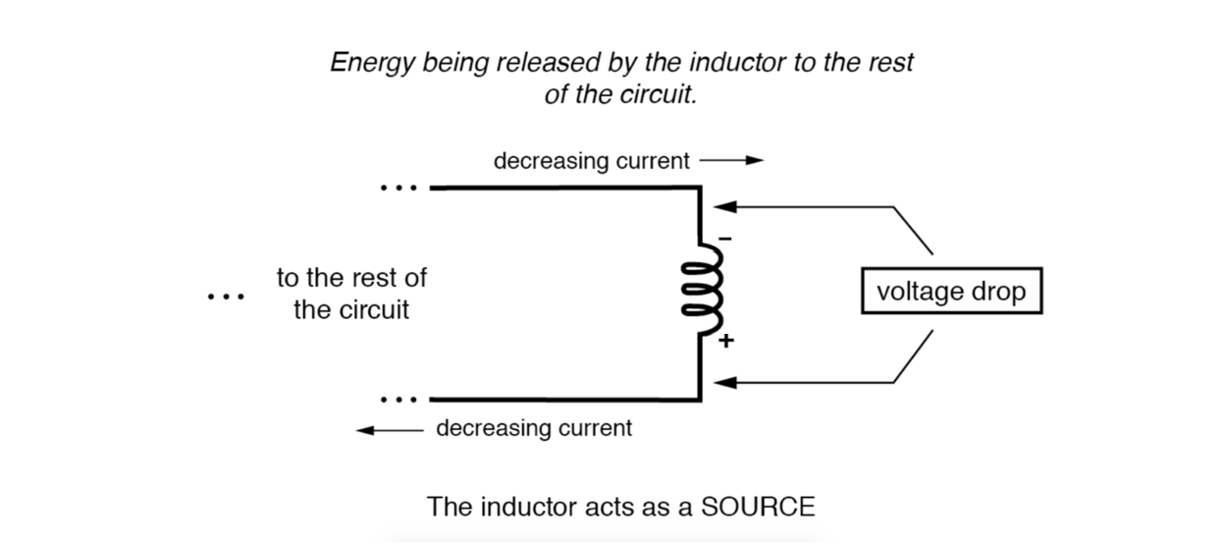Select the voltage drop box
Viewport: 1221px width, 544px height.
pos(950,292)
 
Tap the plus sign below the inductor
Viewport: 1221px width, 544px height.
pos(725,341)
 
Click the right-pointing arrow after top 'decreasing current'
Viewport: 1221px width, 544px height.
pos(731,160)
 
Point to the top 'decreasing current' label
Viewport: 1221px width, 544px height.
pos(591,160)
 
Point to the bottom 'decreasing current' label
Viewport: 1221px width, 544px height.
pos(534,429)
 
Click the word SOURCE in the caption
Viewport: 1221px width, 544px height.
pos(757,507)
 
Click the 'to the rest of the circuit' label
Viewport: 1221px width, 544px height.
pos(351,294)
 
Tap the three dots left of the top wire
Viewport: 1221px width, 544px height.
pos(398,187)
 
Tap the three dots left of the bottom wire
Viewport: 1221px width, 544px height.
pos(398,400)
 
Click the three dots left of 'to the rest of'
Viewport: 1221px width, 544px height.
pos(226,295)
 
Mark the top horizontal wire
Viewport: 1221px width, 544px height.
pos(564,187)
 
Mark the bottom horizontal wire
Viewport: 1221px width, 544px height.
pos(564,400)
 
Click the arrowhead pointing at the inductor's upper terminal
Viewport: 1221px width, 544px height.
pos(722,207)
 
